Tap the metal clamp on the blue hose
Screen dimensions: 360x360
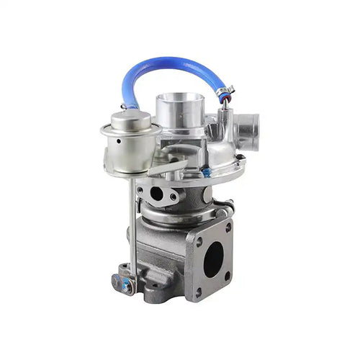[225, 92]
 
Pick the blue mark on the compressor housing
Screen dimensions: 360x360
[207, 173]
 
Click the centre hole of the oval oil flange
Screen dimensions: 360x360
[157, 194]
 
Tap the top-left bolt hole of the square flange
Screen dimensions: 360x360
[199, 242]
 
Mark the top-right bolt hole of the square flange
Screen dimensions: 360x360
[228, 228]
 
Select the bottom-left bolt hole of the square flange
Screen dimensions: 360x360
[199, 292]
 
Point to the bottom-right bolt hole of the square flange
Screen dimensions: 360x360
[227, 274]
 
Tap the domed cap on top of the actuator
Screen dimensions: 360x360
[130, 118]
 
